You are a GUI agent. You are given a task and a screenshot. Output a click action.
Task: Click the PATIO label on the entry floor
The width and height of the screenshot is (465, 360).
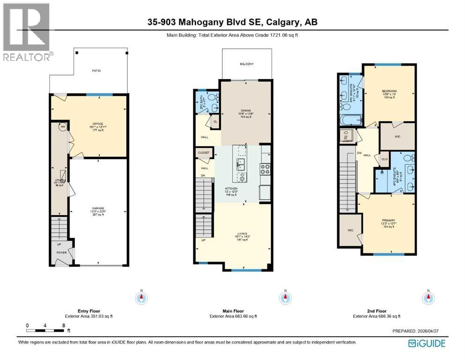coord(96,71)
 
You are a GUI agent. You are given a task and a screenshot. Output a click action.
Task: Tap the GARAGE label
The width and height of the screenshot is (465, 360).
coord(98,209)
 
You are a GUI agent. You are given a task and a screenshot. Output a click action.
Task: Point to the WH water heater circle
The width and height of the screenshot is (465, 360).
coord(62,127)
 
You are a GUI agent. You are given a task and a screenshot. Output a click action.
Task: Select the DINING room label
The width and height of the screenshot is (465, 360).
coord(246,111)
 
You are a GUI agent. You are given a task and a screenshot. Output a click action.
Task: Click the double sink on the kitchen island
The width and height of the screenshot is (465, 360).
coord(242,164)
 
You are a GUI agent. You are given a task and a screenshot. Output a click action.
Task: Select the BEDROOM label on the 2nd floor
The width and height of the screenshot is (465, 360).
coord(389,91)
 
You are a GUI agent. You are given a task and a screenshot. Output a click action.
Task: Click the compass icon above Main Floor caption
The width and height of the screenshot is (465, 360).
coord(283,298)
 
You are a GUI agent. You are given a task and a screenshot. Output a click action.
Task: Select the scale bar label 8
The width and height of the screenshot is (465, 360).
coord(63,325)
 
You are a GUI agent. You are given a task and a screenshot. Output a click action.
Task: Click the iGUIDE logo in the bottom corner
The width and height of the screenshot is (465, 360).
coord(427,343)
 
